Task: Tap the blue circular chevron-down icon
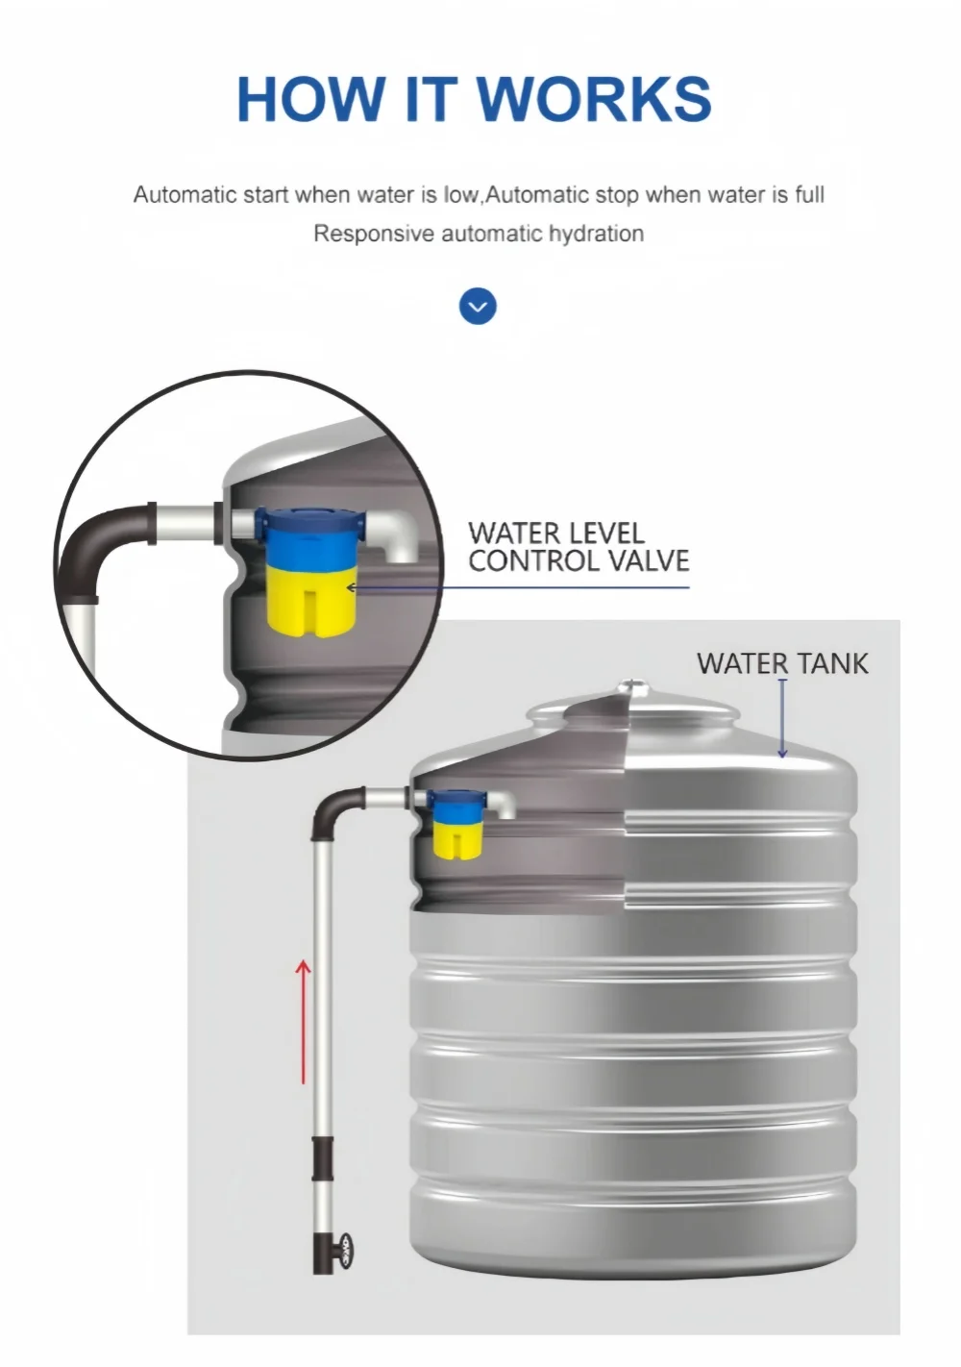coord(478,307)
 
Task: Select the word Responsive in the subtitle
coord(374,234)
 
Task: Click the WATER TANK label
coord(781,663)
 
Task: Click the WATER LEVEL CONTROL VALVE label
coord(578,547)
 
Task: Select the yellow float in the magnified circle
coord(309,599)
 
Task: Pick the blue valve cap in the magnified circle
coord(311,536)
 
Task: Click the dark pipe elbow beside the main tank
coord(334,808)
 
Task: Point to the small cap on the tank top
coord(630,686)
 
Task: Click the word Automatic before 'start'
coord(185,195)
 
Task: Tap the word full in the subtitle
coord(810,195)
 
